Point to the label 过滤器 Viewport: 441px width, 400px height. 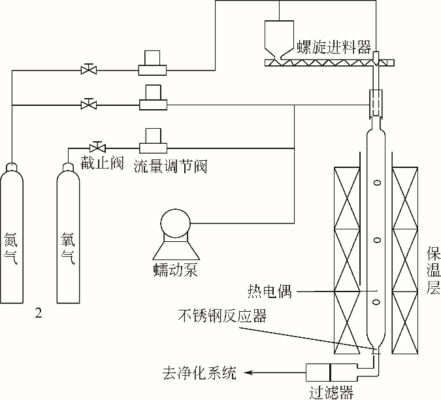click(331, 392)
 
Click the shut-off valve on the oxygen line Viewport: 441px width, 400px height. click(98, 146)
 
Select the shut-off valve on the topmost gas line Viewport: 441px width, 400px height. click(88, 69)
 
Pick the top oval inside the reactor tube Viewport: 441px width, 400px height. click(376, 183)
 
